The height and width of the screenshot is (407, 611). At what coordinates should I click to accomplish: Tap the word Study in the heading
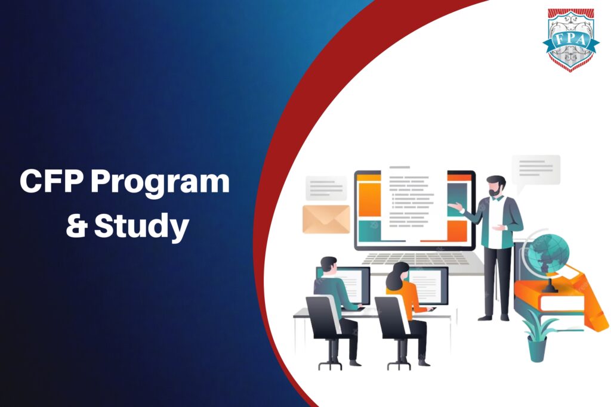click(142, 226)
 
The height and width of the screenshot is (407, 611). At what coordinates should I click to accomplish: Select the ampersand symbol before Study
click(76, 226)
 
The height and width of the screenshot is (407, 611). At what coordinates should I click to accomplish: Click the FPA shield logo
click(571, 39)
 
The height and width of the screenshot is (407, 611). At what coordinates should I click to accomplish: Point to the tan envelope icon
click(326, 219)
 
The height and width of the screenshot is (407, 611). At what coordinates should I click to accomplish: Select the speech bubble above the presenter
click(535, 169)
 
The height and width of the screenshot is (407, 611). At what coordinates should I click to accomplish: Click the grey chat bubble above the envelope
click(326, 188)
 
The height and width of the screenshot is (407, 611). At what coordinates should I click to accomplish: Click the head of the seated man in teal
click(329, 266)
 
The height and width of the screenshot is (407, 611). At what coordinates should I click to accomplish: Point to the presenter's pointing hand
click(455, 207)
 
